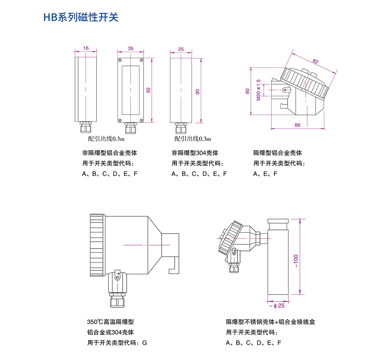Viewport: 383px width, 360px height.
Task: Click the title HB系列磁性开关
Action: click(81, 17)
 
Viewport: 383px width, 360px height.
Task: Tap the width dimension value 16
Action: click(86, 48)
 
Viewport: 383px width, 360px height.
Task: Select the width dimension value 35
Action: click(131, 48)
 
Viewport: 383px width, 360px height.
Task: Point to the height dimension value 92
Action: click(148, 90)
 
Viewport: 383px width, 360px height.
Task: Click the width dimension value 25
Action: click(181, 49)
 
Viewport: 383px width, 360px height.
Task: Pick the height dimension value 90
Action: click(198, 92)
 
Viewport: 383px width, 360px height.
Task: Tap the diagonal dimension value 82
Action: click(315, 61)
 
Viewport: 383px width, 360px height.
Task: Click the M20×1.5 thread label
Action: click(259, 90)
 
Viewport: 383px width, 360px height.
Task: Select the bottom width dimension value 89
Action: click(297, 125)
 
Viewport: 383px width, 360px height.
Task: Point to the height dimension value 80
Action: click(247, 91)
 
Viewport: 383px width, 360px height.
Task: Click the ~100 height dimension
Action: click(296, 261)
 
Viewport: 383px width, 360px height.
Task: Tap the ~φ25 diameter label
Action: click(277, 306)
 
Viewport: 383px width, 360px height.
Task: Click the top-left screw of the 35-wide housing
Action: click(120, 60)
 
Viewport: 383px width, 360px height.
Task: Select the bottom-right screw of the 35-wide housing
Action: click(141, 120)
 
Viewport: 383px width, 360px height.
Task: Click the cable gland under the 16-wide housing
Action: click(86, 127)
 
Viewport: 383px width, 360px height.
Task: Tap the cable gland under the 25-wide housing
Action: click(181, 128)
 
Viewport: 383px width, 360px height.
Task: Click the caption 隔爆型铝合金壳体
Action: click(277, 153)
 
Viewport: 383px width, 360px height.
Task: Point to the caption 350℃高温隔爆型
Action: click(110, 322)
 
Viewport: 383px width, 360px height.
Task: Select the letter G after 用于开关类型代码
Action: click(145, 343)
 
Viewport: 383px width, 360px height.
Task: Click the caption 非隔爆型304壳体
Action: click(195, 153)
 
